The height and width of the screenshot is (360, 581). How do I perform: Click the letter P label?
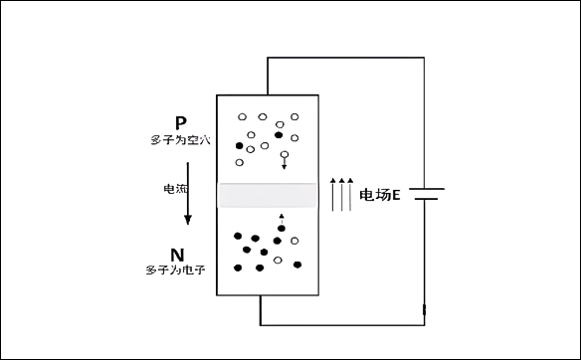click(180, 122)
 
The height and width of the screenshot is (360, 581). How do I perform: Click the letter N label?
click(177, 255)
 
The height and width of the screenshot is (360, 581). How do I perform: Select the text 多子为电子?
click(175, 270)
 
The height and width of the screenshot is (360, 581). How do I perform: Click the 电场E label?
click(380, 195)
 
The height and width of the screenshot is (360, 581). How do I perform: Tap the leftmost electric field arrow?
click(333, 194)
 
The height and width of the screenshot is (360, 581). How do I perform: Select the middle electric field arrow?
click(342, 194)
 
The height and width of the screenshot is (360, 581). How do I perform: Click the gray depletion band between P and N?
click(271, 195)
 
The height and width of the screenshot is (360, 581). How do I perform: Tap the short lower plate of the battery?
click(425, 199)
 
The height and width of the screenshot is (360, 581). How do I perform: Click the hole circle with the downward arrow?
click(286, 155)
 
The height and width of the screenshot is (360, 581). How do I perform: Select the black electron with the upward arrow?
click(281, 229)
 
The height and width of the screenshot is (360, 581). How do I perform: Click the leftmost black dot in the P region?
click(239, 146)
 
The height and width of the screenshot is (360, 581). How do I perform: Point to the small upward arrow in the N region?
click(282, 218)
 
